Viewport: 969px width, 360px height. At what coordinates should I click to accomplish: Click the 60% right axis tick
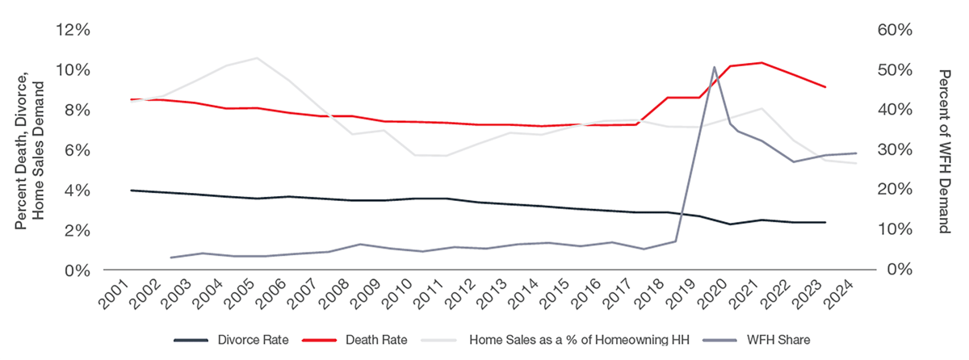(894, 30)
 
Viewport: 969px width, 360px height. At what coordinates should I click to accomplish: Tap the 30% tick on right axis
(894, 150)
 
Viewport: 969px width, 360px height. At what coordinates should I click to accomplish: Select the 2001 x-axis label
(119, 298)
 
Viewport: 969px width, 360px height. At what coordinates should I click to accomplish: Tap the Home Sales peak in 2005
(257, 58)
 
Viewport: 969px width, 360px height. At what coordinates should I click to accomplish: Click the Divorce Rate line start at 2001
(131, 190)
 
